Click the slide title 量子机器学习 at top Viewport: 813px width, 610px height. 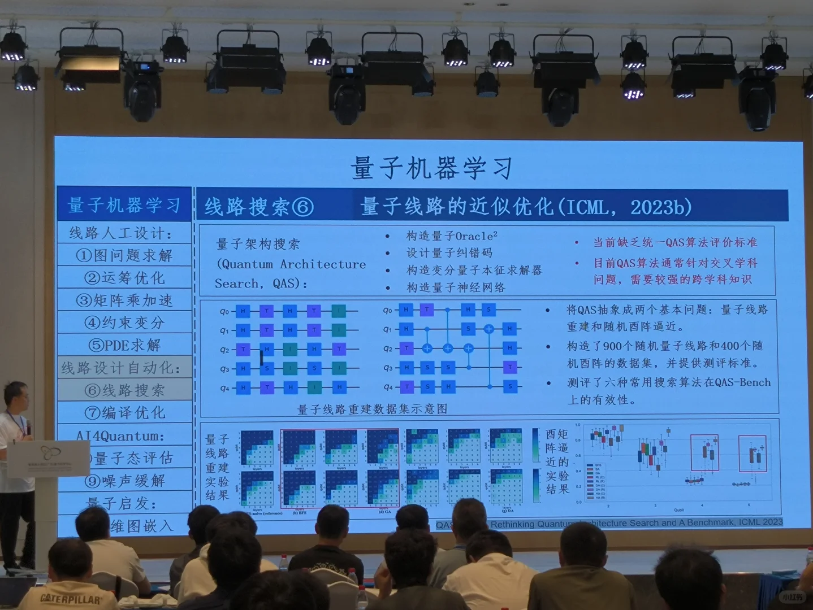pos(431,168)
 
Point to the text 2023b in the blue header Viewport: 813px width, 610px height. pos(661,207)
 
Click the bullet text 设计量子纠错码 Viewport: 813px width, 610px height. pos(449,253)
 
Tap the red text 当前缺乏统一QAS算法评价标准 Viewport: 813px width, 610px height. pos(675,242)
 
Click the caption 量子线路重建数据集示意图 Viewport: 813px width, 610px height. pos(372,409)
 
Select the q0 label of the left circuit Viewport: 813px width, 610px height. pos(224,311)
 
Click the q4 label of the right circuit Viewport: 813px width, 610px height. pos(388,387)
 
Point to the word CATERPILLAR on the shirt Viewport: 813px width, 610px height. pos(71,599)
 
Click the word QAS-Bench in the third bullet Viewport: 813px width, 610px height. pos(742,382)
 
